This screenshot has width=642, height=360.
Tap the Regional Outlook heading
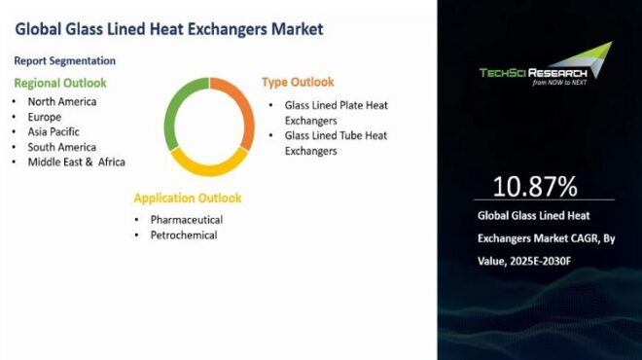pyautogui.click(x=60, y=83)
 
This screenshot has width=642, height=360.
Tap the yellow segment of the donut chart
pyautogui.click(x=208, y=164)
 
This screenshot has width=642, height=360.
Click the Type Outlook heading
pyautogui.click(x=298, y=82)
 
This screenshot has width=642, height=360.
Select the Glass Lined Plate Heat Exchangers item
pyautogui.click(x=335, y=111)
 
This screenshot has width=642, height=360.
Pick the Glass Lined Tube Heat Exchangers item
pyautogui.click(x=335, y=143)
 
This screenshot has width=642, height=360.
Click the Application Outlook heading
pyautogui.click(x=188, y=198)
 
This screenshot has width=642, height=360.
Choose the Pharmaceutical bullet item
pyautogui.click(x=186, y=220)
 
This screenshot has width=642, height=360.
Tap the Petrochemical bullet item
pyautogui.click(x=183, y=235)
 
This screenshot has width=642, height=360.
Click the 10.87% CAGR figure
pyautogui.click(x=535, y=186)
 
